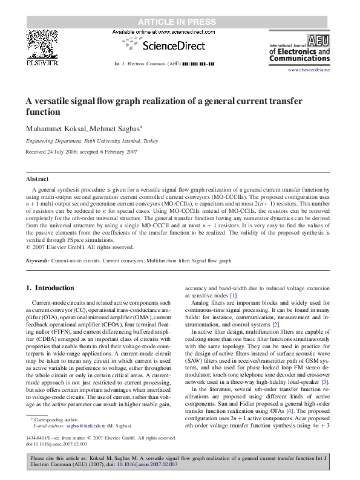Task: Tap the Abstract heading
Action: (37, 179)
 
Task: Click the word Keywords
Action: (38, 261)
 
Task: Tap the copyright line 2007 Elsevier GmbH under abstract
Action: (79, 247)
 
